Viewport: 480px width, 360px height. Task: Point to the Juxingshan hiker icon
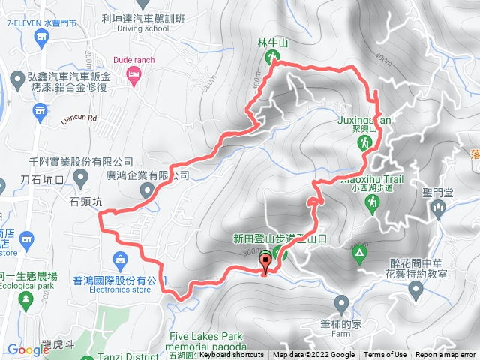(x=364, y=142)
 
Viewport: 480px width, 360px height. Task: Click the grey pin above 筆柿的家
(x=342, y=304)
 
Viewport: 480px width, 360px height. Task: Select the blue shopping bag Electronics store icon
(x=119, y=259)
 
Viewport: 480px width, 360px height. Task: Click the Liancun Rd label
(x=76, y=118)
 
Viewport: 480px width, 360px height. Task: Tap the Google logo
(x=28, y=349)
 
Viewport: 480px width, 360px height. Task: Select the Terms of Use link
(x=385, y=355)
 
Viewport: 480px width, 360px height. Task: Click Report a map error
(x=445, y=355)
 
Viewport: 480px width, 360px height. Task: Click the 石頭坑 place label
(x=85, y=202)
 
